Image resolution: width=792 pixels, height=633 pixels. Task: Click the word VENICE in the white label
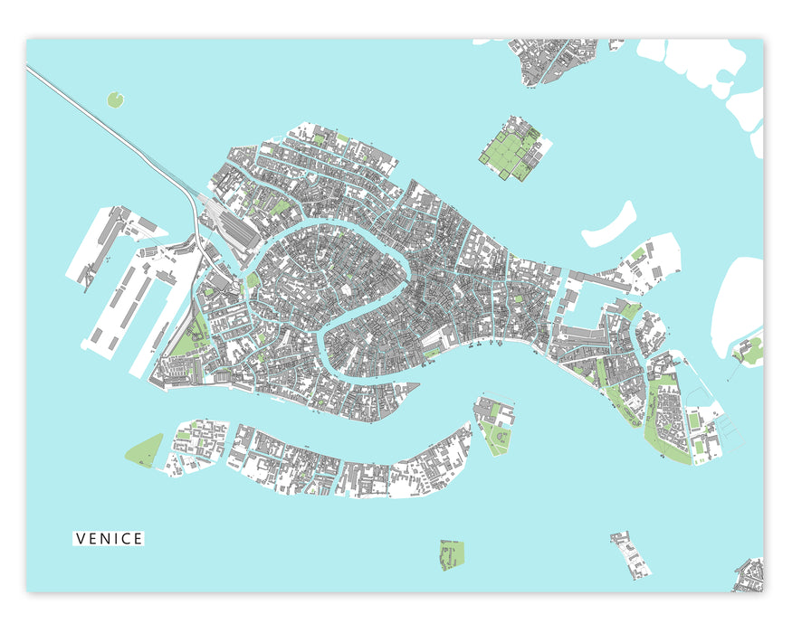109,539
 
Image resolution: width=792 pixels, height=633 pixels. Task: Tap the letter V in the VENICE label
81,539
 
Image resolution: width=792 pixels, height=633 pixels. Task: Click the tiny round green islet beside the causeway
115,99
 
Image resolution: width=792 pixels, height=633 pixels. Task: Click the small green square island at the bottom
451,554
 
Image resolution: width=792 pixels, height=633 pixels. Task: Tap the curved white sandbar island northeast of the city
609,225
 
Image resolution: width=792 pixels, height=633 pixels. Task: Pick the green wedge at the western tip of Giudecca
145,449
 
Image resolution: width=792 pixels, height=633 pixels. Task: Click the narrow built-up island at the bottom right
630,553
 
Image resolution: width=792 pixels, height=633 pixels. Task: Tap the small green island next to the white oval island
750,351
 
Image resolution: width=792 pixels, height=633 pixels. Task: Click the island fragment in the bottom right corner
750,576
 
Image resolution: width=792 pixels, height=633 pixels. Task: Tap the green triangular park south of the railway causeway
186,340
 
